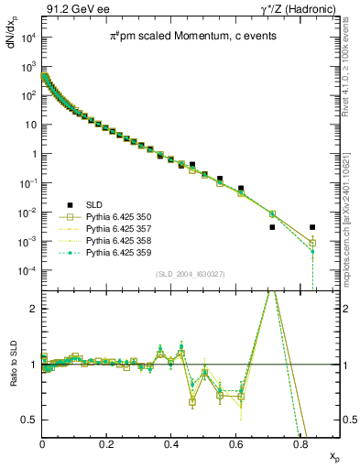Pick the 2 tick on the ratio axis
pyautogui.click(x=33, y=309)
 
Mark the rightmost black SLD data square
pyautogui.click(x=312, y=227)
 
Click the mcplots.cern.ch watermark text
pyautogui.click(x=352, y=192)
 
